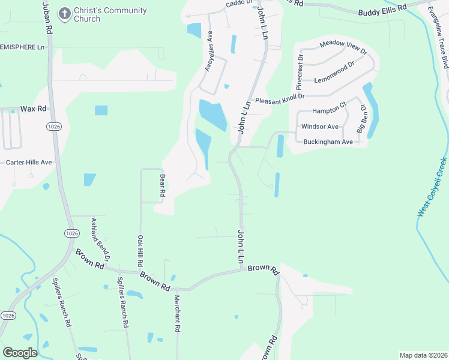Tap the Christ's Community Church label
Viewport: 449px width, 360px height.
110,15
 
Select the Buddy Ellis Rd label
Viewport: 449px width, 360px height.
382,12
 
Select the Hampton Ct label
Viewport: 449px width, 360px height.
330,112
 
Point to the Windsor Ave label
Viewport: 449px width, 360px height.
320,127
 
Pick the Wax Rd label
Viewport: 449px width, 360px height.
33,109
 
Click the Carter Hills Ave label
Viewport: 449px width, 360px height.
29,163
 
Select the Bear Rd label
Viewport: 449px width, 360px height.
161,186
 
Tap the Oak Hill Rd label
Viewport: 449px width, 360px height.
140,250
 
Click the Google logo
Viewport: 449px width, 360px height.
20,353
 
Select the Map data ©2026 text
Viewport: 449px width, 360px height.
423,355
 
